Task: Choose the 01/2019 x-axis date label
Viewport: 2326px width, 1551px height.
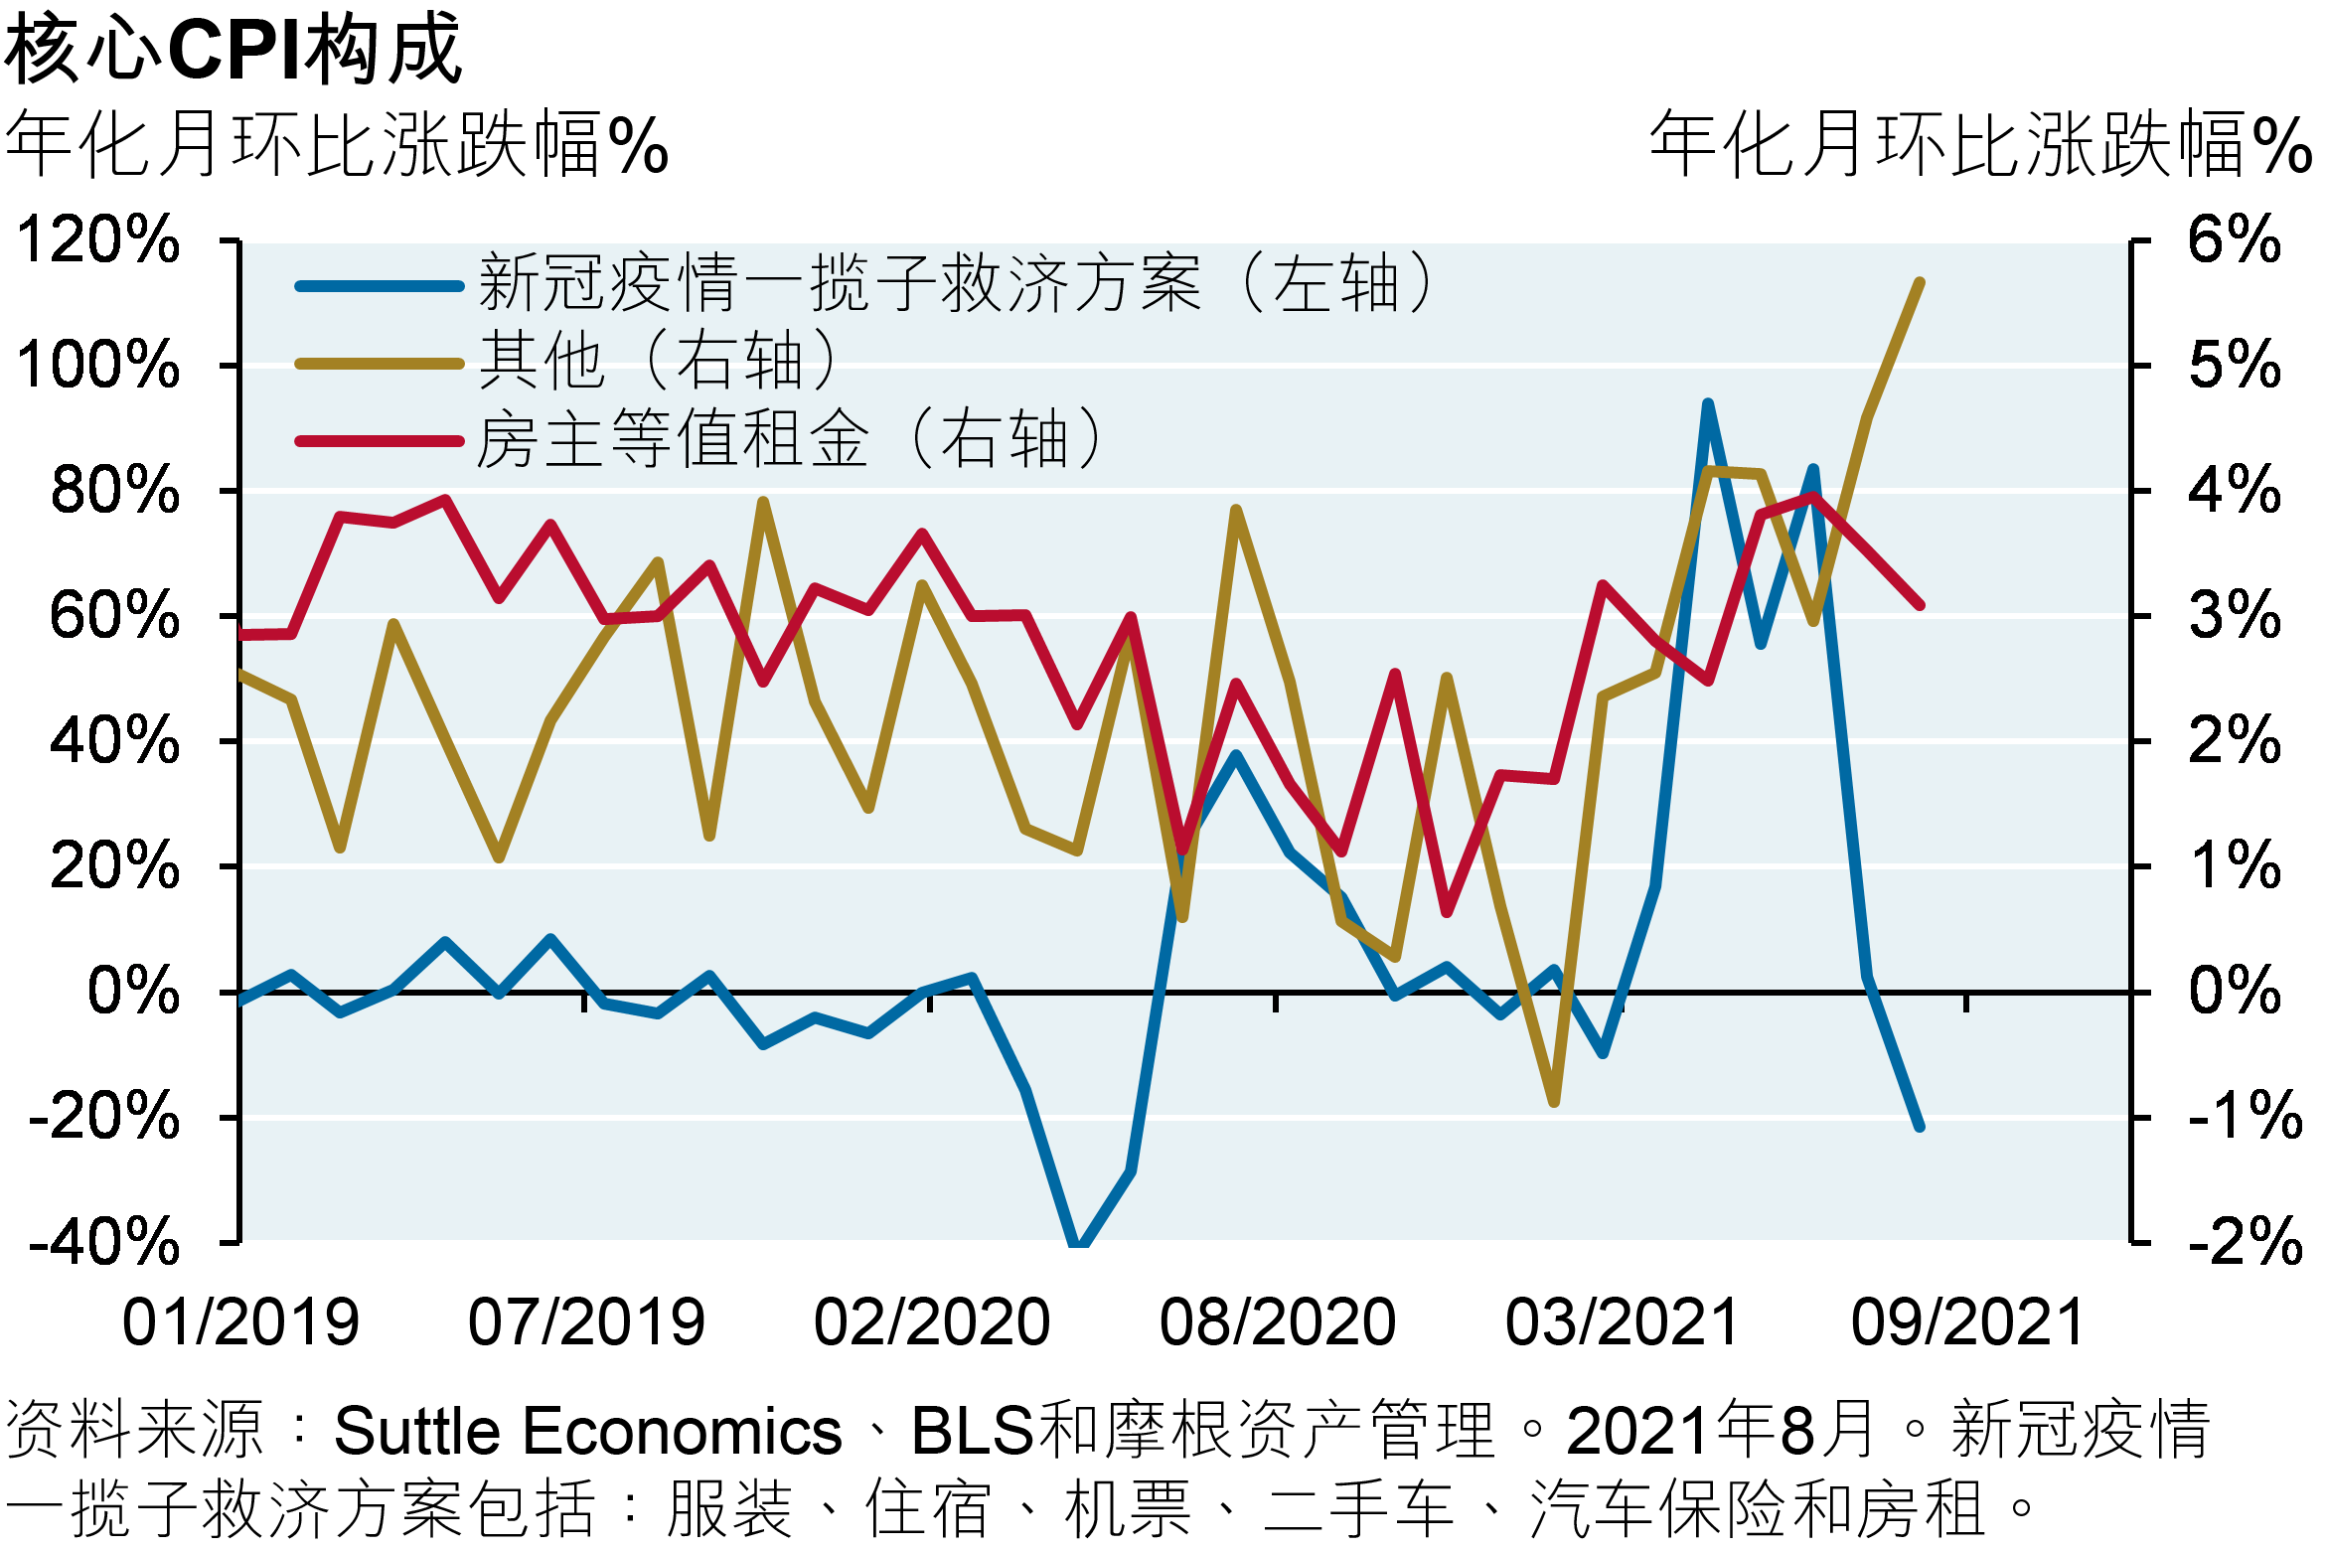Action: coord(240,1322)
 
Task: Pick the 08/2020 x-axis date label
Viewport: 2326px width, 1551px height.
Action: coord(1278,1322)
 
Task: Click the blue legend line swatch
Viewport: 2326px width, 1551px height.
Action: coord(380,286)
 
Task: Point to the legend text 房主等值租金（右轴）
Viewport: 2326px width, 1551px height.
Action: coord(790,438)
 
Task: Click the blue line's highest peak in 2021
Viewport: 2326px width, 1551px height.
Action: coord(1708,403)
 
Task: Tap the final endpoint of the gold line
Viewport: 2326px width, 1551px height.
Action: coord(1920,282)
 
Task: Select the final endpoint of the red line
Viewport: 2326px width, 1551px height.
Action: coord(1920,604)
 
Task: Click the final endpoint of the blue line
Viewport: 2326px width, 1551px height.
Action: coord(1920,1127)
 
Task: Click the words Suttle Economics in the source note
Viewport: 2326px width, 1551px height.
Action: coord(587,1432)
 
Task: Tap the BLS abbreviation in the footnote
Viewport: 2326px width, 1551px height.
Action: coord(973,1432)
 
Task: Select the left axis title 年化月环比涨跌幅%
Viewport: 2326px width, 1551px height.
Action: coord(336,146)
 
